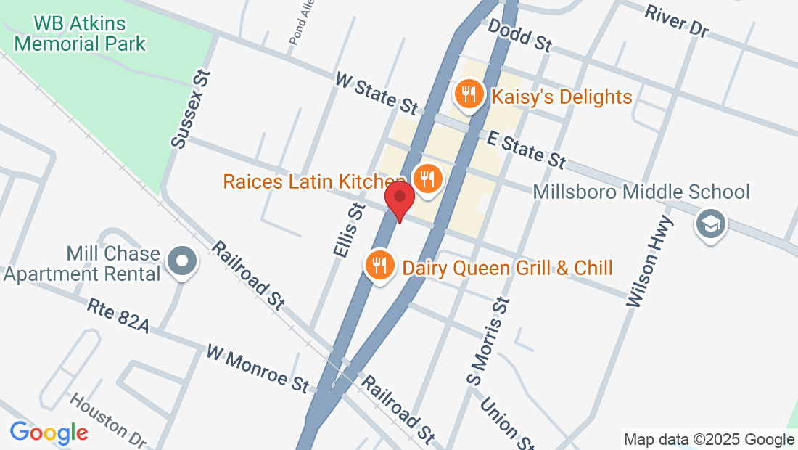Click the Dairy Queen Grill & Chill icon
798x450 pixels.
(x=379, y=266)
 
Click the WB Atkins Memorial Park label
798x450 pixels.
(x=80, y=33)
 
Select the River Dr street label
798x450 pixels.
(x=675, y=20)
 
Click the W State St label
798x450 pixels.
(x=376, y=92)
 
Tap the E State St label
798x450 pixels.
(x=526, y=148)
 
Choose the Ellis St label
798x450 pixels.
(x=347, y=230)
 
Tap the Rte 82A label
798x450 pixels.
(x=118, y=316)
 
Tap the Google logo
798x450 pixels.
(x=49, y=433)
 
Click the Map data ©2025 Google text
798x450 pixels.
(x=709, y=439)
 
